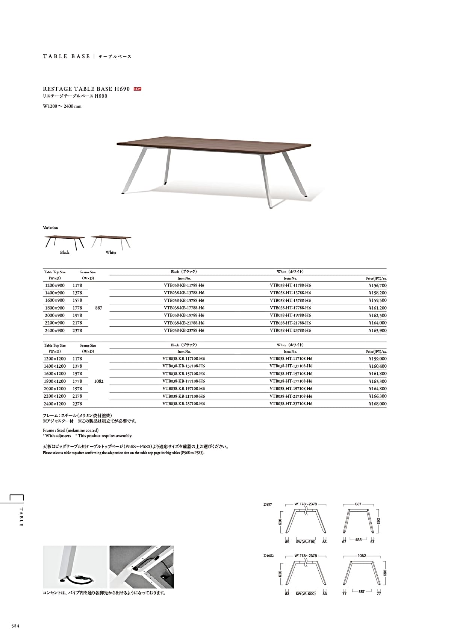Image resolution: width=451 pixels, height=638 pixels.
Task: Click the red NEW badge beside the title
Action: (138, 89)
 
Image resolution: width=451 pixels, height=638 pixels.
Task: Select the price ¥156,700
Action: (377, 285)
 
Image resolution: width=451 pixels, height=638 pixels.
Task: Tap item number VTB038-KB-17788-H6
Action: (184, 308)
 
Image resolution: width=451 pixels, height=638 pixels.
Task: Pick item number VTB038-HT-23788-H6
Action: (290, 330)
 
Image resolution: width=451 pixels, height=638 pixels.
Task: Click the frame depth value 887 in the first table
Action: (99, 308)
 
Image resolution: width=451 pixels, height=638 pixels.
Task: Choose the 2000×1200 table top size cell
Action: (55, 389)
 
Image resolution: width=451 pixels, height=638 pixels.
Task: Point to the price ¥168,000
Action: (377, 404)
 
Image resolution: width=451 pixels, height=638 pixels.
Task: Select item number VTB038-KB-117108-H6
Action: (184, 359)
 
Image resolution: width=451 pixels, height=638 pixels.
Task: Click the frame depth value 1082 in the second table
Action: (99, 381)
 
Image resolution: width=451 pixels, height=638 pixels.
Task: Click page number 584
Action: (15, 626)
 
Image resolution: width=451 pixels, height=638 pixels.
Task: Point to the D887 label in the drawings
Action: (268, 505)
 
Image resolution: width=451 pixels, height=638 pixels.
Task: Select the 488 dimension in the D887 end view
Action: (358, 539)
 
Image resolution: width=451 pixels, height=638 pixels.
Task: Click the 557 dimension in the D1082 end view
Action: (362, 591)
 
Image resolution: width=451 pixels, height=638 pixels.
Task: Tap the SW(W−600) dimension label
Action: (306, 594)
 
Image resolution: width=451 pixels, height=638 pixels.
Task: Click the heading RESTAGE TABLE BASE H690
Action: (86, 89)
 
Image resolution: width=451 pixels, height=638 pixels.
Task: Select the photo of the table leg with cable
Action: (75, 567)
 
